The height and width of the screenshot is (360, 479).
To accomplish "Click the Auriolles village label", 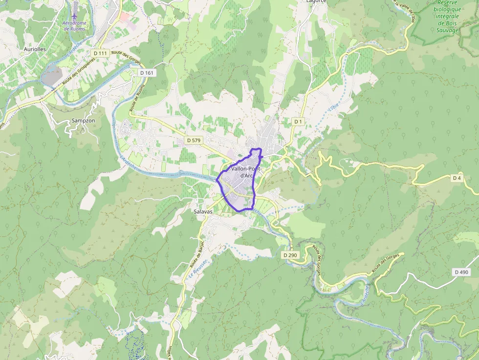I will coord(35,49).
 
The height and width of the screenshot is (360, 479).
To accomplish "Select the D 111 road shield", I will coord(99,53).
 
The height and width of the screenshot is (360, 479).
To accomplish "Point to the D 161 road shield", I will coord(146,73).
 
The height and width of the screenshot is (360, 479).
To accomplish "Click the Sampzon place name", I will coord(83,120).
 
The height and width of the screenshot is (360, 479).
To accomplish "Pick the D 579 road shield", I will coord(194,140).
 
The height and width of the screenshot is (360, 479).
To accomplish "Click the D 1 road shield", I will coord(299,121).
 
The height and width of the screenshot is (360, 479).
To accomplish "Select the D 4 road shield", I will coord(457,178).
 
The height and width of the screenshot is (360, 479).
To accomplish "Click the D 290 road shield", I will coord(290,255).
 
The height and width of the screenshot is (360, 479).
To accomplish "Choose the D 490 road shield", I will coord(461,272).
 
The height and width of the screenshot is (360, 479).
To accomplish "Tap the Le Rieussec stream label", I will coord(198,269).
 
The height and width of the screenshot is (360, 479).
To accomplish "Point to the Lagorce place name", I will coord(316,1).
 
